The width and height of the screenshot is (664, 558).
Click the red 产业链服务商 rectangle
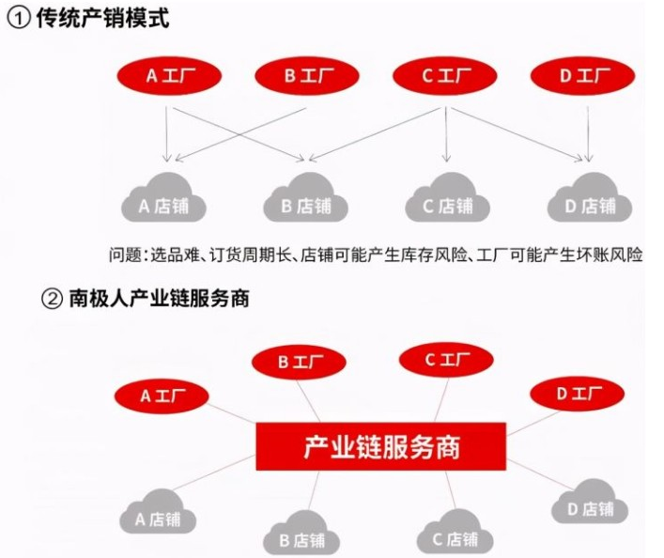380,445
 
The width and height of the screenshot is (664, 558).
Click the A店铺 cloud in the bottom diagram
162,514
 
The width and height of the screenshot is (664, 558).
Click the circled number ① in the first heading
16,18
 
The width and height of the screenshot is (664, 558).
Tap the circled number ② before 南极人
51,301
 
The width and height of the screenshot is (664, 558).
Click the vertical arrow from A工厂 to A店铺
167,132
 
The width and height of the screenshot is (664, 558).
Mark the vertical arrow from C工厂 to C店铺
446,132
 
